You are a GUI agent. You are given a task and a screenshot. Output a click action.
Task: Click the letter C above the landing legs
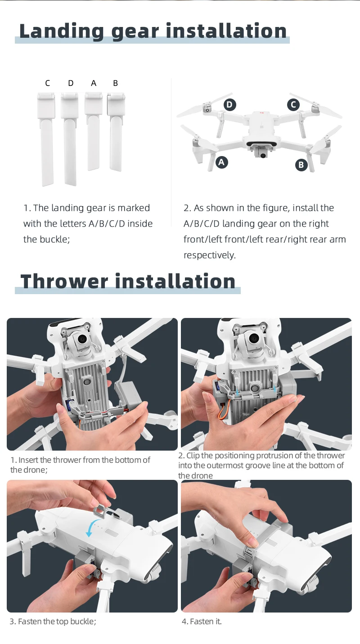[x=48, y=83]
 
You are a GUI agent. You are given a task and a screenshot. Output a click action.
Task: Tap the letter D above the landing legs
[x=71, y=83]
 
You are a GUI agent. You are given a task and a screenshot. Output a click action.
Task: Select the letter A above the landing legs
[x=94, y=83]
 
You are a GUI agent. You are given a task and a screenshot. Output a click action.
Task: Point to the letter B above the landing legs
[x=115, y=83]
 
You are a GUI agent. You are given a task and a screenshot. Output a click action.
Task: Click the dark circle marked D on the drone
[x=229, y=105]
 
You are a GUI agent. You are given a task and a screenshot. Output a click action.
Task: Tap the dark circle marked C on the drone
[x=293, y=105]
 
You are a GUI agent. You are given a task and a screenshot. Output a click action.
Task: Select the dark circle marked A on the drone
[x=221, y=162]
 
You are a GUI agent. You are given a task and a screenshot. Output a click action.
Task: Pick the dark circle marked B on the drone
[x=301, y=165]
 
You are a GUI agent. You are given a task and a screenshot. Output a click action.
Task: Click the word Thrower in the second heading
[x=64, y=282]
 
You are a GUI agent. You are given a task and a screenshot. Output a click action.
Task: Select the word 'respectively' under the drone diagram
[x=210, y=255]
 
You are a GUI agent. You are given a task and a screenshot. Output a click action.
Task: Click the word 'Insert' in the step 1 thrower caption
[x=28, y=460]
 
